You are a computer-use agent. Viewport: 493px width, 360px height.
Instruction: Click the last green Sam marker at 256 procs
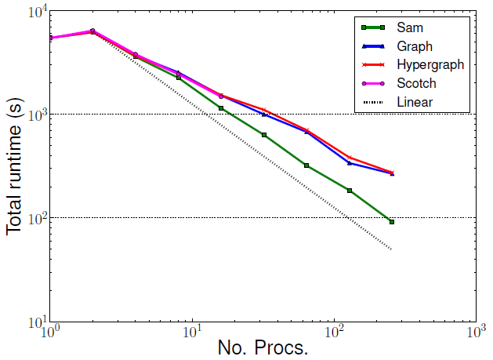(392, 222)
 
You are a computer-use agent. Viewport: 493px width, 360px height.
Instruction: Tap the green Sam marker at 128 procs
(350, 191)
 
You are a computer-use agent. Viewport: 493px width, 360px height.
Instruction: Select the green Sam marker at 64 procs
(306, 165)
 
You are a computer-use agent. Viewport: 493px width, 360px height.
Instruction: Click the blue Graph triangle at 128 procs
(350, 162)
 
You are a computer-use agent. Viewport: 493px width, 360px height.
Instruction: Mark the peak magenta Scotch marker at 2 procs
(92, 31)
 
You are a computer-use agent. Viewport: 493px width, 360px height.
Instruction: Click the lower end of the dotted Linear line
(391, 249)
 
